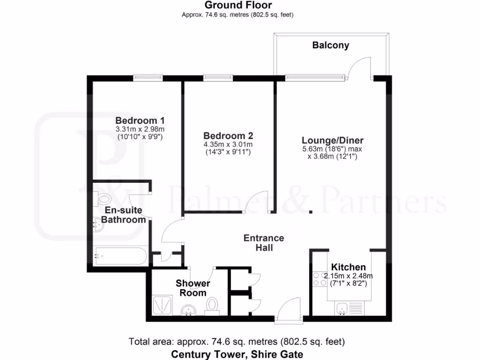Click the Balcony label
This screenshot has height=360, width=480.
point(330,45)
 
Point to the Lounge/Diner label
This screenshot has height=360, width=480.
point(332,140)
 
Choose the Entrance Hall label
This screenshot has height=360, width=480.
point(263,243)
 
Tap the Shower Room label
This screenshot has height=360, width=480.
point(193,288)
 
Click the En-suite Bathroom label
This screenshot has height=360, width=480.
point(123,215)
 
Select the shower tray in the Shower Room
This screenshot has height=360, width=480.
point(164,305)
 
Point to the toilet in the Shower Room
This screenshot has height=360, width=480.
point(213,305)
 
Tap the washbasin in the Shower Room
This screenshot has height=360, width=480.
point(190,310)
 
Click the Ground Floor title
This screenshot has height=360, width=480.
point(238,6)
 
